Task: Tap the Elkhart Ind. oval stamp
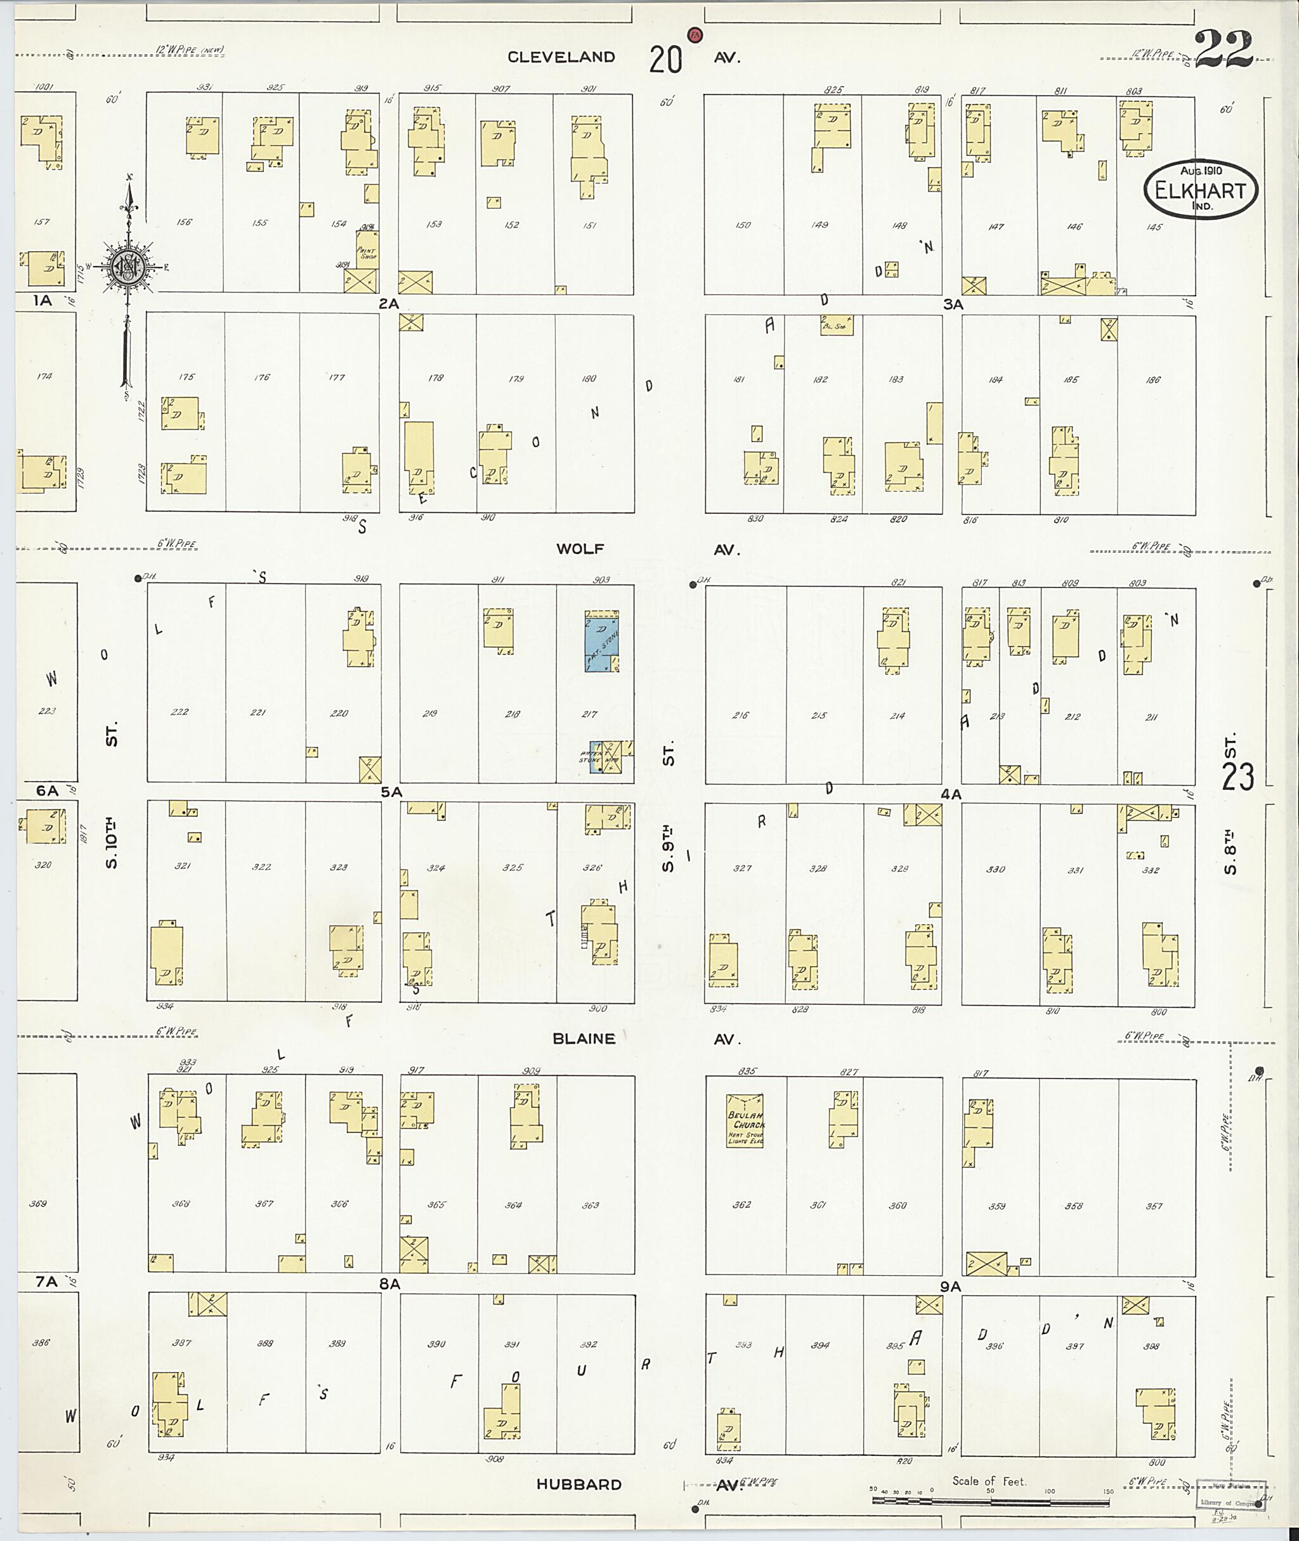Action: [1200, 190]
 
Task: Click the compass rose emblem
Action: [129, 265]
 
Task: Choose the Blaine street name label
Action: [584, 1038]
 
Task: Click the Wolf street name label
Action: [580, 548]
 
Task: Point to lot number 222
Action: [179, 712]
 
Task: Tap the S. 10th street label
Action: [112, 840]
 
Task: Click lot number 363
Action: [590, 1206]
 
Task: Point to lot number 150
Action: [742, 225]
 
